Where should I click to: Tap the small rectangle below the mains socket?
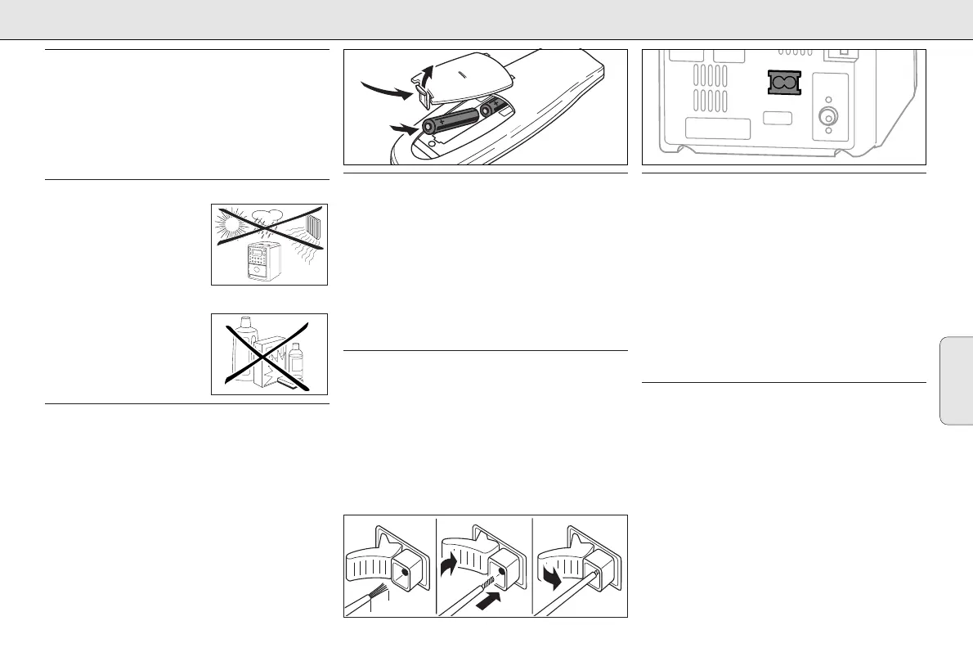pyautogui.click(x=778, y=118)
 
